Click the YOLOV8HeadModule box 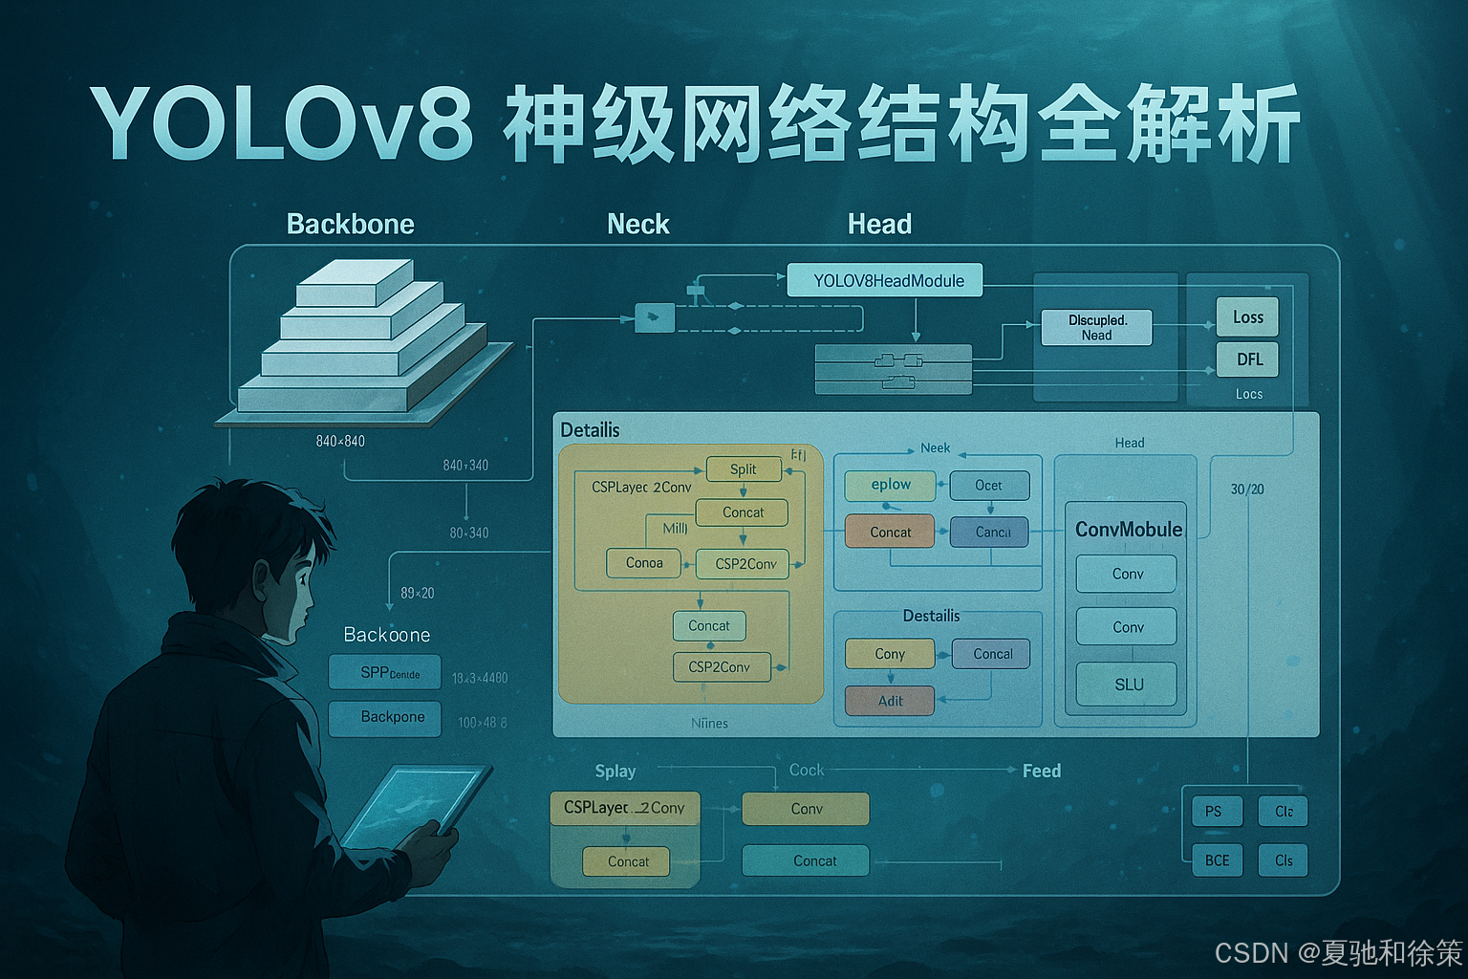click(x=884, y=280)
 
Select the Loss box click(x=1247, y=317)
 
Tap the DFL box click(x=1247, y=359)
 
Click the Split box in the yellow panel click(x=743, y=468)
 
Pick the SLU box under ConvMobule click(x=1127, y=685)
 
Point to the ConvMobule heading click(x=1128, y=529)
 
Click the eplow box click(x=890, y=485)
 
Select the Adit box click(x=889, y=701)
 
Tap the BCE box click(x=1217, y=860)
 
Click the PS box click(x=1213, y=812)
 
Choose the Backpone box click(x=385, y=718)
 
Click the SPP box click(x=385, y=672)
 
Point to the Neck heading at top click(x=637, y=224)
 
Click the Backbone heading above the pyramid click(x=350, y=224)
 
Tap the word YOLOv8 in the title click(x=282, y=124)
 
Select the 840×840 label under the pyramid click(x=340, y=441)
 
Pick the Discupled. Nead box click(x=1096, y=327)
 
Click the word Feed click(x=1041, y=771)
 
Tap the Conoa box click(x=643, y=563)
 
